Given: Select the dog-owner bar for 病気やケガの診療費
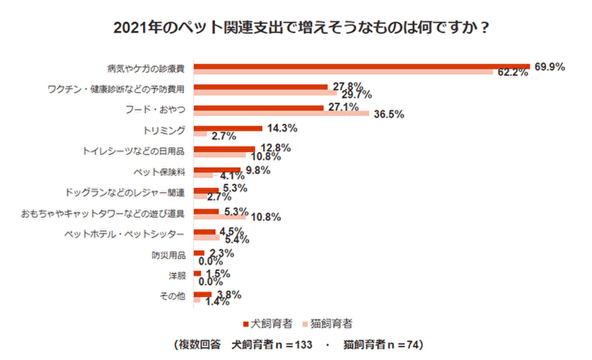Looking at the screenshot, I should pyautogui.click(x=361, y=66).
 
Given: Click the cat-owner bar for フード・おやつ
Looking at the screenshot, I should pyautogui.click(x=282, y=113).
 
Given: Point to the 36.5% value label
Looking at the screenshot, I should pyautogui.click(x=388, y=114).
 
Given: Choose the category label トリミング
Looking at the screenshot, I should pyautogui.click(x=165, y=130).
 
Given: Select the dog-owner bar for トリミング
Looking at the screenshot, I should pyautogui.click(x=228, y=127).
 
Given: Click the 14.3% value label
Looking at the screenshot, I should pyautogui.click(x=281, y=128).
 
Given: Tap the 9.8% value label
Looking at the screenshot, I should pyautogui.click(x=257, y=170).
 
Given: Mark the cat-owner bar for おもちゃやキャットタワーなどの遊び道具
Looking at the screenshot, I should pyautogui.click(x=220, y=217).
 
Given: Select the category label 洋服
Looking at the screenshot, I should pyautogui.click(x=177, y=276).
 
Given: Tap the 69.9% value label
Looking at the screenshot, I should pyautogui.click(x=549, y=66).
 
